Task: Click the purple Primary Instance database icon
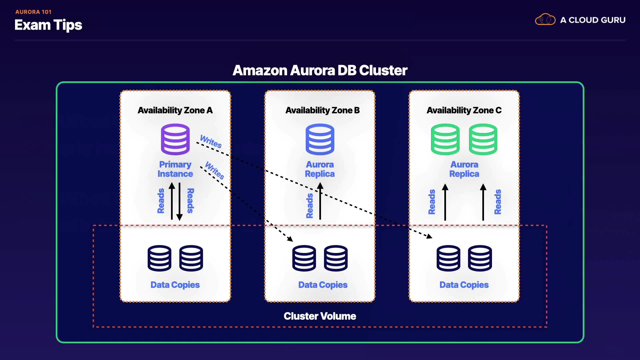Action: pos(175,139)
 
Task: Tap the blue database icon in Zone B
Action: pos(320,139)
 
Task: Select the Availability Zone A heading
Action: pos(175,110)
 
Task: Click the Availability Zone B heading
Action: pos(322,110)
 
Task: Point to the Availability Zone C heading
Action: pos(464,110)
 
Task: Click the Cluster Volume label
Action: pos(320,316)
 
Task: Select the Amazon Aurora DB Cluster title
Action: pos(320,70)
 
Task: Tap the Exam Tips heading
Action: pos(48,25)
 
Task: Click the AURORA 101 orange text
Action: pos(33,12)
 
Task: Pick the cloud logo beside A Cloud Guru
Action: pos(545,20)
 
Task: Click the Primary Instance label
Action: pos(175,169)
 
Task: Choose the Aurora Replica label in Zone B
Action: pos(320,169)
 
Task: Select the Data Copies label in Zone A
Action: pos(175,285)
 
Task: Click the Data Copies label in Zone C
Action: pos(464,285)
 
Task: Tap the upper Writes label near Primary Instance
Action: pos(211,141)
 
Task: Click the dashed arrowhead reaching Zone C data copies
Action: pos(429,236)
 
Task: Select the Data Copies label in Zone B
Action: pos(323,285)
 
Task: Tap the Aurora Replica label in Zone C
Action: pos(464,169)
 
